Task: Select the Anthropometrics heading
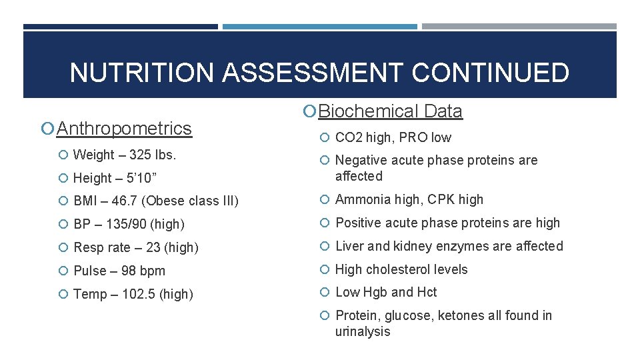click(124, 128)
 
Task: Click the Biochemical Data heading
click(390, 111)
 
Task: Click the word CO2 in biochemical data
click(348, 138)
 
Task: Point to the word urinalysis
click(363, 331)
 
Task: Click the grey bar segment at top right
click(519, 27)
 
